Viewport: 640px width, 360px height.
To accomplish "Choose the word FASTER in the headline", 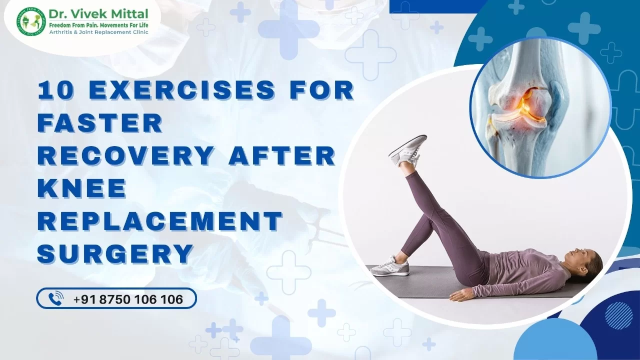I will point(100,122).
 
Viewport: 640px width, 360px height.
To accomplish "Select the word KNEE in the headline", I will point(82,187).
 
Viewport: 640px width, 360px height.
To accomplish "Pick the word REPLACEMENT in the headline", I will point(160,220).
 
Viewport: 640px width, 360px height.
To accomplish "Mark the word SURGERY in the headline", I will point(115,253).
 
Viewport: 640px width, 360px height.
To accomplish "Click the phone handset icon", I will point(55,299).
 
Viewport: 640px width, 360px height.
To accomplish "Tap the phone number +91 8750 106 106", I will point(128,299).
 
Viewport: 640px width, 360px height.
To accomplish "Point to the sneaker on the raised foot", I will point(407,150).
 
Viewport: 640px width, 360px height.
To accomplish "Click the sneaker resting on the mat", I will point(390,266).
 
